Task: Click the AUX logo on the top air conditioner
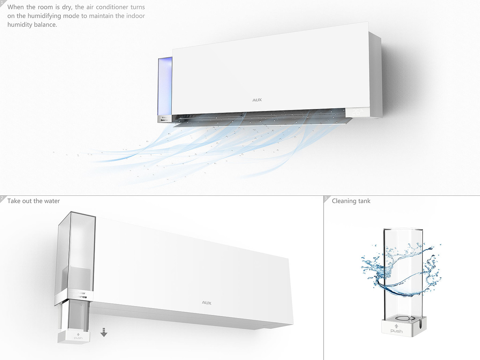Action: (x=257, y=100)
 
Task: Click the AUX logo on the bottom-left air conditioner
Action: (x=206, y=303)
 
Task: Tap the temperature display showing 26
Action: (x=357, y=112)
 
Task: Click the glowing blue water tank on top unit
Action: (x=165, y=86)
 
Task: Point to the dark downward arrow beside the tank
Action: (x=104, y=332)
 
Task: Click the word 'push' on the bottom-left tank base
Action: (x=78, y=338)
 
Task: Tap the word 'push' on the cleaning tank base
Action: (x=396, y=331)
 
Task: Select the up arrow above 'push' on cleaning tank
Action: (x=396, y=326)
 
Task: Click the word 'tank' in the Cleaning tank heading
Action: (x=364, y=201)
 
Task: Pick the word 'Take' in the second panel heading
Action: (x=14, y=201)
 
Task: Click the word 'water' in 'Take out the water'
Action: (x=52, y=201)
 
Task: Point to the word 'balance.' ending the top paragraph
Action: (x=45, y=25)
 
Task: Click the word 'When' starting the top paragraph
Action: (x=15, y=7)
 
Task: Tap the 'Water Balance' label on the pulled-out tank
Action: (x=80, y=295)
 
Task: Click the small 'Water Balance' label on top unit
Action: (x=164, y=119)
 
